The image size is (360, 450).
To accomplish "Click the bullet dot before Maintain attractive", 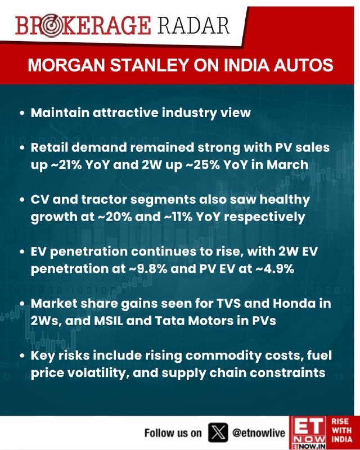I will click(21, 114).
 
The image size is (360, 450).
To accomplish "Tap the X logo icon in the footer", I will click(216, 433).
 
